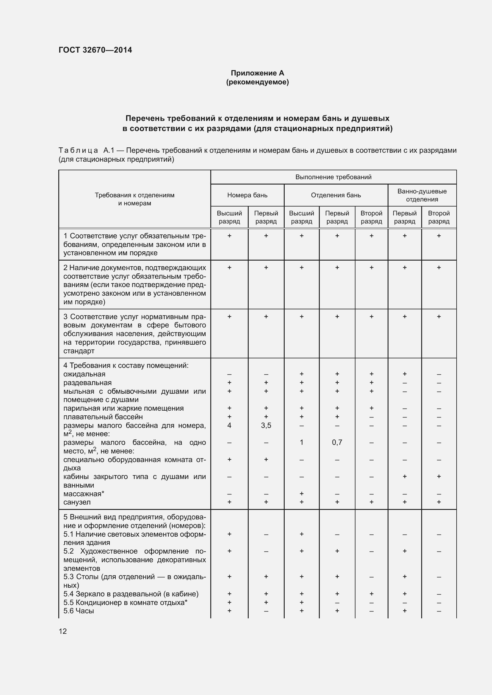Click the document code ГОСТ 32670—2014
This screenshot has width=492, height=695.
click(95, 50)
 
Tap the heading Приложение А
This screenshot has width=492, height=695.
click(257, 73)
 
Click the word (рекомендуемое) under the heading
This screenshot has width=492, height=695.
click(257, 82)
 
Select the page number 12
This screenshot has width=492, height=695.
click(63, 631)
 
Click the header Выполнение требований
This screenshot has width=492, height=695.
click(333, 177)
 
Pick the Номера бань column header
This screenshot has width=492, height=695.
click(247, 195)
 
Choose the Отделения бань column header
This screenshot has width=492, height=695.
click(336, 195)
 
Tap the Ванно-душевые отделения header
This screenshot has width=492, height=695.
click(422, 195)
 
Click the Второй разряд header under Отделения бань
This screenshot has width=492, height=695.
click(371, 217)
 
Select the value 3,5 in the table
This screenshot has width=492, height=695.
click(266, 425)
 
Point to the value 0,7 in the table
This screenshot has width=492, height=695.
click(337, 442)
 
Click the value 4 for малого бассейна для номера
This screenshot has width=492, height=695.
click(229, 425)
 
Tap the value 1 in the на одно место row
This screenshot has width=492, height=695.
click(301, 442)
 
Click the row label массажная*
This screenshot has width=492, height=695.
click(84, 494)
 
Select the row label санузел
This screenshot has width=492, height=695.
click(77, 502)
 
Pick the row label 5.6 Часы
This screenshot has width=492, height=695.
click(79, 611)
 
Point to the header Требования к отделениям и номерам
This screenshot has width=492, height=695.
click(134, 199)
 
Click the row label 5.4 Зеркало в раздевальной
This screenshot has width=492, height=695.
click(131, 594)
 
